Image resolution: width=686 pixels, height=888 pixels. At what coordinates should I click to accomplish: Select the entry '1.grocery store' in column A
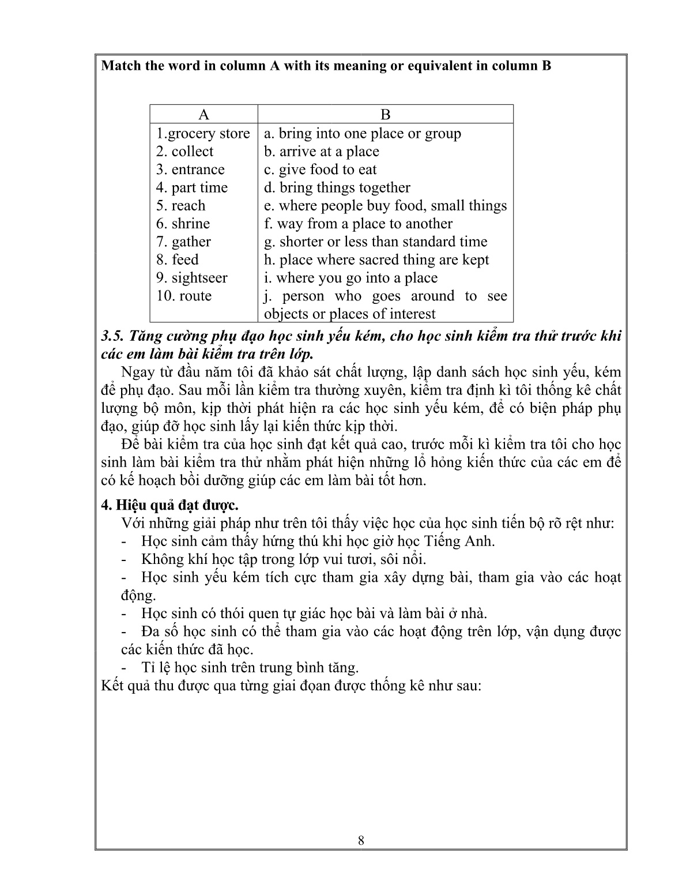pos(203,134)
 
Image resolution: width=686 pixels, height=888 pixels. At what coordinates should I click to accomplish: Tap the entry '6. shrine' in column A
pos(183,224)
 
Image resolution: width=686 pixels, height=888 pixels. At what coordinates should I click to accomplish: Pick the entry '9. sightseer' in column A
pos(191,278)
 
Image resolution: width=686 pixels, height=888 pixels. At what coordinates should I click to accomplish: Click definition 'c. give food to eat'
pos(320,170)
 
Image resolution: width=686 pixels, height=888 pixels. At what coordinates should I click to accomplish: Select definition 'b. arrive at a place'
pos(322,152)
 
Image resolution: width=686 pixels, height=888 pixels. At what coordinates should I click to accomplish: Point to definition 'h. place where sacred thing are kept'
pos(376,259)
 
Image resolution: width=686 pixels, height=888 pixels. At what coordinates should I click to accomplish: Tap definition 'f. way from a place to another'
pos(358,224)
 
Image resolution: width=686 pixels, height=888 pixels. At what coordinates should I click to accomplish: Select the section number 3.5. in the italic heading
pos(112,336)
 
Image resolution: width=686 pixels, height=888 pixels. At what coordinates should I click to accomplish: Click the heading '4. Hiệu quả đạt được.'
pos(169,505)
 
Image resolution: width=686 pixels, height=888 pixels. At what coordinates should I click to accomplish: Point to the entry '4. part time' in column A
pos(191,187)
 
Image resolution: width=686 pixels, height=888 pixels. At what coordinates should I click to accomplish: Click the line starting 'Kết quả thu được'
pos(291,686)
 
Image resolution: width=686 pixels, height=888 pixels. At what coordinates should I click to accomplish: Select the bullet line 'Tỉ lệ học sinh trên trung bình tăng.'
pos(250,668)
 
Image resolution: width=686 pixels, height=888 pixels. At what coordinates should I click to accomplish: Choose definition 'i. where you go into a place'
pos(350,278)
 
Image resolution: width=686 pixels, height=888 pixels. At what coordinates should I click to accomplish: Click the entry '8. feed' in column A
pos(177,259)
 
